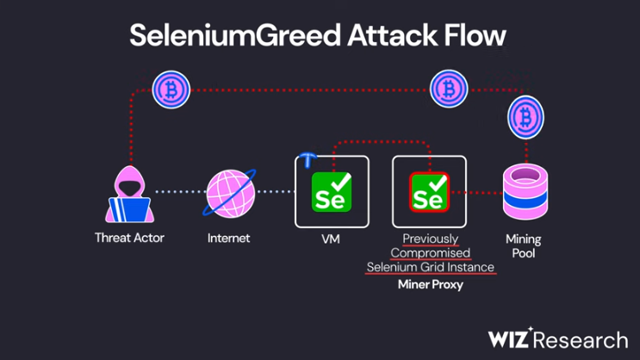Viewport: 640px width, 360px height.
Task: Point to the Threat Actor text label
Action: coord(129,238)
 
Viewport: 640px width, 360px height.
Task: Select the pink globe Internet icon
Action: coord(229,192)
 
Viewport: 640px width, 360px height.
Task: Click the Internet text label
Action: coord(229,238)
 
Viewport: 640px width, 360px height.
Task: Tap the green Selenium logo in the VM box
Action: coord(332,192)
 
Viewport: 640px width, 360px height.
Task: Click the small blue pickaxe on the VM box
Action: coord(308,159)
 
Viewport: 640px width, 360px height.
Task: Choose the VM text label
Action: coord(331,239)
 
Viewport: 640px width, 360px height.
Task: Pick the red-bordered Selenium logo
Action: coord(429,192)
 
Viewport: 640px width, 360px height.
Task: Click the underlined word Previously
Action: coord(431,239)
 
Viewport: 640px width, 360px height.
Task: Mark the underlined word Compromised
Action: coord(431,252)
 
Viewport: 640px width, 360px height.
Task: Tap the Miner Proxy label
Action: coord(430,284)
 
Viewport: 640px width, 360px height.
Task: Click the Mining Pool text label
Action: coord(524,245)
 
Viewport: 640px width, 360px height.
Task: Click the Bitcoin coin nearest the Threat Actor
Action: coord(171,90)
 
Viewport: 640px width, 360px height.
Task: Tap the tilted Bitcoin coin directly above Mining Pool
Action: coord(524,116)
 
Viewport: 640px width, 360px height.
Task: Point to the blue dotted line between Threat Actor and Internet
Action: coord(179,192)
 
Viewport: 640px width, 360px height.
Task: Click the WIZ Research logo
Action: coord(558,338)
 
